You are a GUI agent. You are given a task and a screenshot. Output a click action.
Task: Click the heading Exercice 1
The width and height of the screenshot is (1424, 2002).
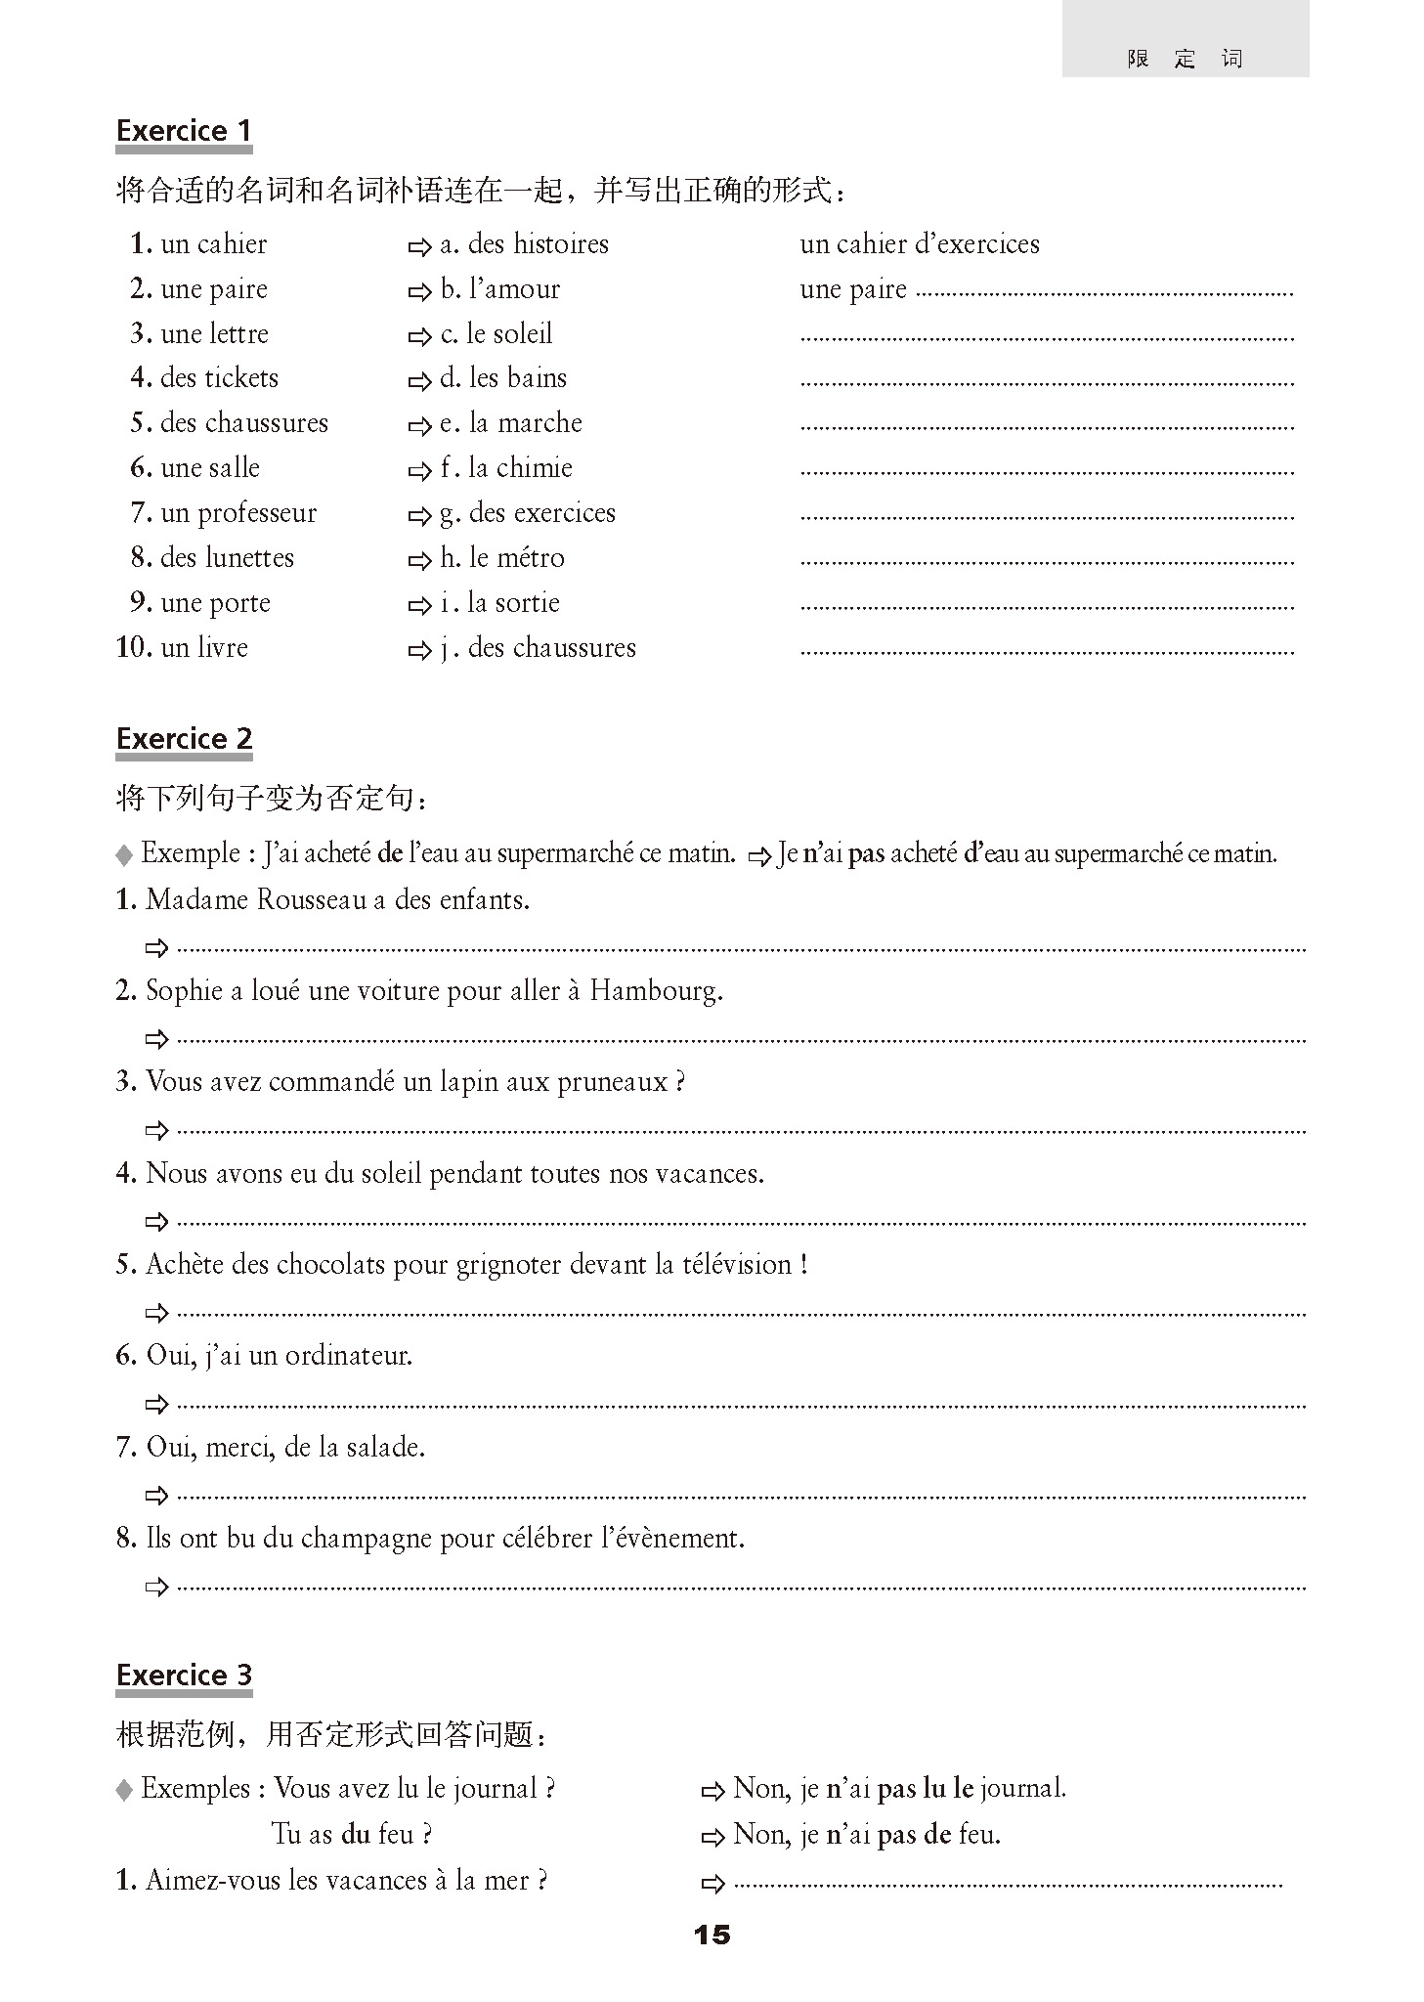tap(184, 131)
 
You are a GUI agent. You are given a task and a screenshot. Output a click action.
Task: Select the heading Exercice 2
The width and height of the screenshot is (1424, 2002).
tap(184, 739)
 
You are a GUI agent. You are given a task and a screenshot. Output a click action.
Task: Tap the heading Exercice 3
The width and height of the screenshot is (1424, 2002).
tap(184, 1676)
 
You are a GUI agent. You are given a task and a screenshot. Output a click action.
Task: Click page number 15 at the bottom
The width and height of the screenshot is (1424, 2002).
tap(712, 1935)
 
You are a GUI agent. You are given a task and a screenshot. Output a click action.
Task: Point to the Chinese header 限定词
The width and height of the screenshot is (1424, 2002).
tap(1185, 59)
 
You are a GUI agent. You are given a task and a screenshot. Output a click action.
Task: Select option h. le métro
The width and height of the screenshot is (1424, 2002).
tap(502, 558)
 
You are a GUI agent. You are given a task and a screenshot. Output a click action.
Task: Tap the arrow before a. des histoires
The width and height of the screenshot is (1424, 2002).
tap(419, 246)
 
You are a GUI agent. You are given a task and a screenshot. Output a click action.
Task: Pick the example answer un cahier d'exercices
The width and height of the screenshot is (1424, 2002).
tap(919, 244)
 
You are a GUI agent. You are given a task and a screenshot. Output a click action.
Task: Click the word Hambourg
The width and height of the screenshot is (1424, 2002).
tap(656, 991)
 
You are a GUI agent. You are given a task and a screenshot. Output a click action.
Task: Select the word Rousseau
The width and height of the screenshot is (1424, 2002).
tap(311, 900)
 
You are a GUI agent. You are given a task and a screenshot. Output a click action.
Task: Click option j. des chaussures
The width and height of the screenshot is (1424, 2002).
tap(539, 648)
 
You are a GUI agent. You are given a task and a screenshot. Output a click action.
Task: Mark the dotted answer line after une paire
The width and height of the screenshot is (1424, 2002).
tap(1104, 291)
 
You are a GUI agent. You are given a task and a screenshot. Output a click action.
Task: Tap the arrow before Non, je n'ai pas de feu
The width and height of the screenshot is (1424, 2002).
tap(712, 1837)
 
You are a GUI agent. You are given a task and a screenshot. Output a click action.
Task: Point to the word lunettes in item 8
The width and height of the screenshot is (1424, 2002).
tap(246, 558)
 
